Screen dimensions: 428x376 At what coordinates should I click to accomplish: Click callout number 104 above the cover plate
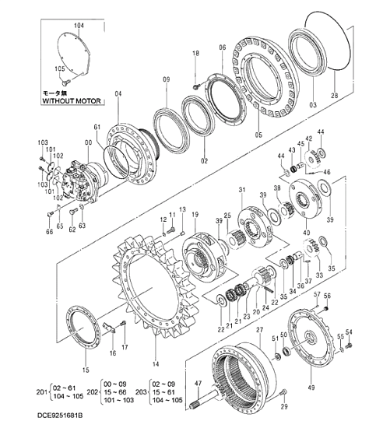(78, 26)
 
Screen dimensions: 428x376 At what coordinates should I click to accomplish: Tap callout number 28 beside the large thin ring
(336, 95)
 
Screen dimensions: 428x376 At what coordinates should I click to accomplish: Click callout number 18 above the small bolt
(196, 53)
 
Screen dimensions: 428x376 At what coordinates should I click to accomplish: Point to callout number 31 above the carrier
(242, 190)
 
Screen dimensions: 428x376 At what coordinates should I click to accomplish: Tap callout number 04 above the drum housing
(118, 94)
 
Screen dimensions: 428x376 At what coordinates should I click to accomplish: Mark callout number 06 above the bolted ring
(222, 47)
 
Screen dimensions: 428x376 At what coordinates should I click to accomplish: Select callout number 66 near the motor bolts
(49, 232)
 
